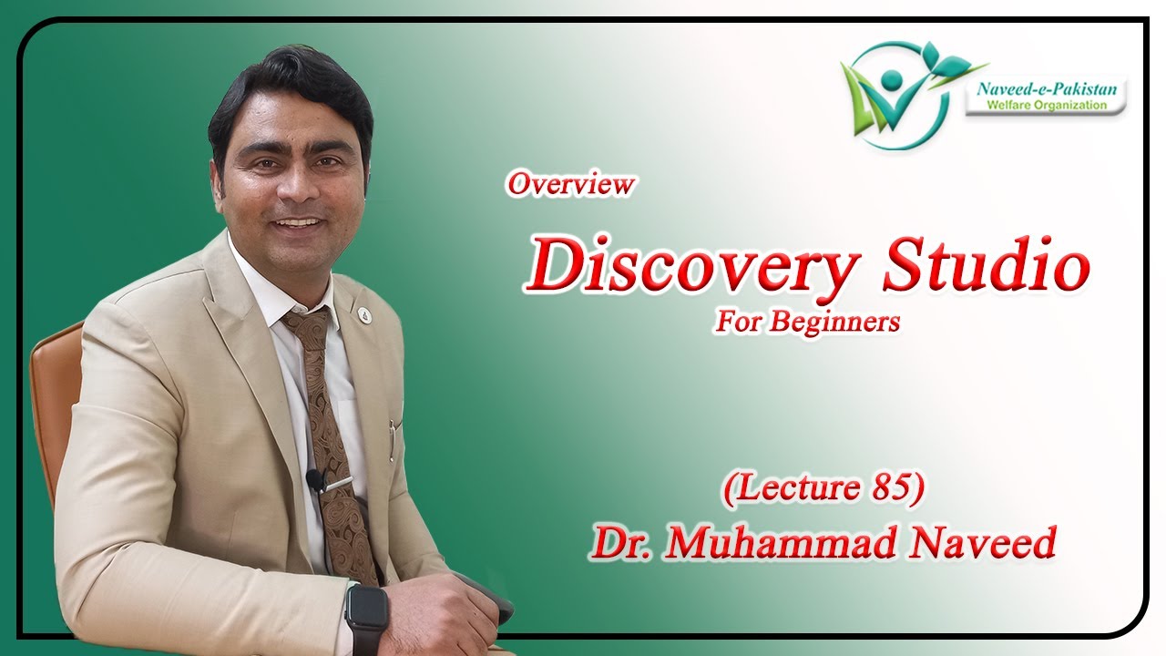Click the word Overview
click(570, 184)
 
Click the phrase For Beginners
click(806, 322)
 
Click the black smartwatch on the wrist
click(366, 611)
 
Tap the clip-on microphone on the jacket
click(315, 479)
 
